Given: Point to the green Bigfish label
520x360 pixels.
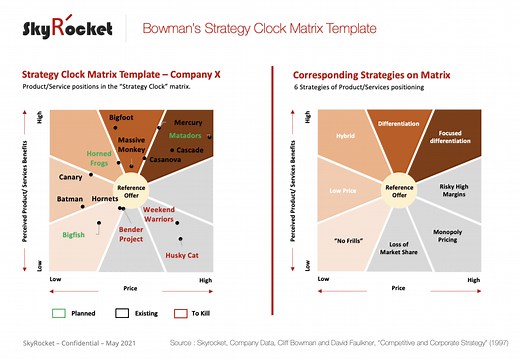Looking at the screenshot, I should (x=74, y=234).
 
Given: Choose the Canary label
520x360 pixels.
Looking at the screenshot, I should (x=70, y=177).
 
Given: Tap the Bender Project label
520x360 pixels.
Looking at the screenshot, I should (x=131, y=234).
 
